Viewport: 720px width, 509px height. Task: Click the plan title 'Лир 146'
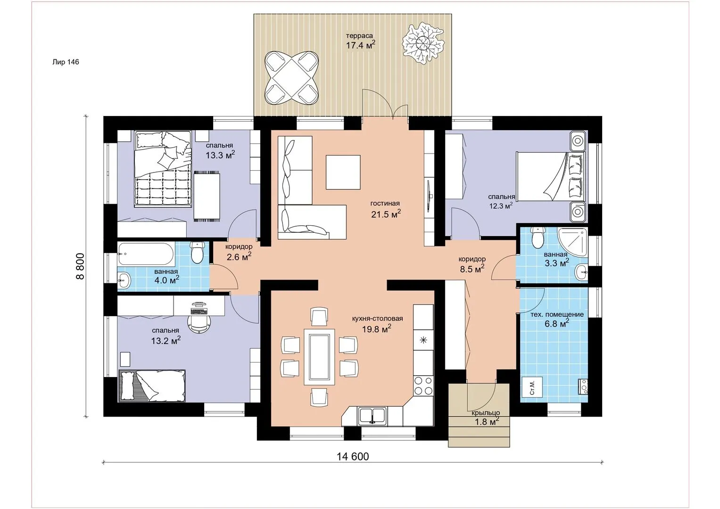coord(66,62)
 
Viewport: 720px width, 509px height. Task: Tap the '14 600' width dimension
coord(353,457)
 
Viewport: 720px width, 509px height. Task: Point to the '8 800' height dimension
coord(80,266)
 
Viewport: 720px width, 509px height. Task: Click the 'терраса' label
coord(359,36)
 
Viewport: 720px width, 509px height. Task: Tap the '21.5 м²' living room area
coord(386,213)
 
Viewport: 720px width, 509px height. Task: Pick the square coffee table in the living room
coord(343,172)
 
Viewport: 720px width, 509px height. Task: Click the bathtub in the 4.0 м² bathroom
coord(146,254)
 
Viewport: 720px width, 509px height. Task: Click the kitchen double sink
coord(372,416)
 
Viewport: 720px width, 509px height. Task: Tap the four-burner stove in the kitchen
coord(423,386)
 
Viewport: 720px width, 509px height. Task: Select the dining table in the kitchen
coord(319,356)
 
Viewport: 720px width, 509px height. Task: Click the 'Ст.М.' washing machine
coord(532,388)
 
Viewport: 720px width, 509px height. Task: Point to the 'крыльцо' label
coord(486,413)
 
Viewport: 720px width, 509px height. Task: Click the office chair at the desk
coord(199,323)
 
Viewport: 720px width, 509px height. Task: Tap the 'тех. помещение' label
coord(557,314)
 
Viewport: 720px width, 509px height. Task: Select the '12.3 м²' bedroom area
coord(501,205)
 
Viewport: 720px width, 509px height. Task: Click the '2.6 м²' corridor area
coord(239,256)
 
